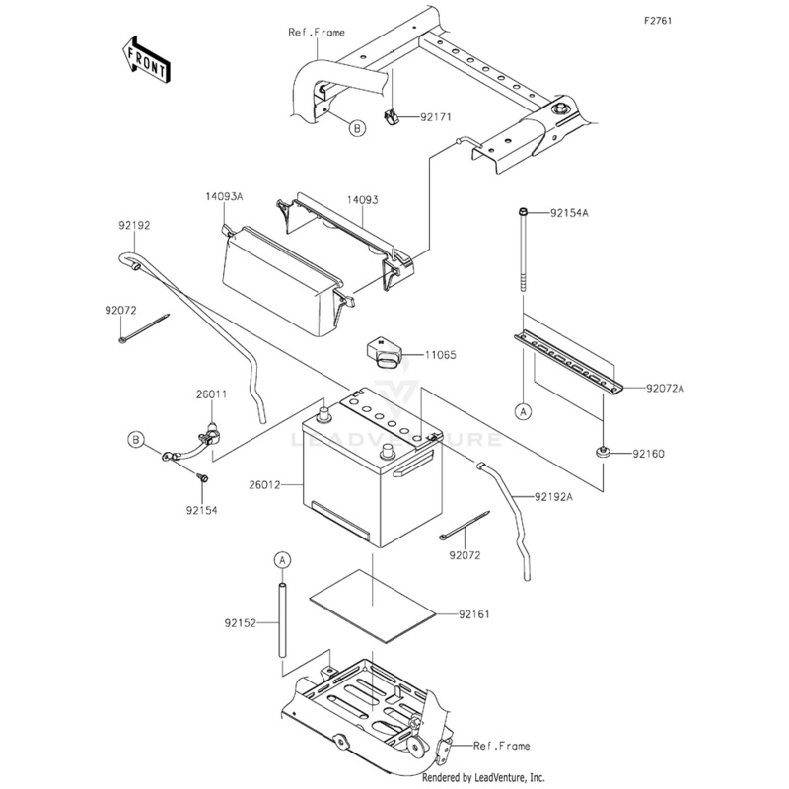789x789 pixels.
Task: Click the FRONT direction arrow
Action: (144, 59)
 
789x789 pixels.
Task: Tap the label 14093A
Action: (225, 197)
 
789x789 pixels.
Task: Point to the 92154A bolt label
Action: (569, 213)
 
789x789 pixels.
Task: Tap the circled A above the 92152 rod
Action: (281, 560)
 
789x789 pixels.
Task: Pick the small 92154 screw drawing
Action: (202, 477)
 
